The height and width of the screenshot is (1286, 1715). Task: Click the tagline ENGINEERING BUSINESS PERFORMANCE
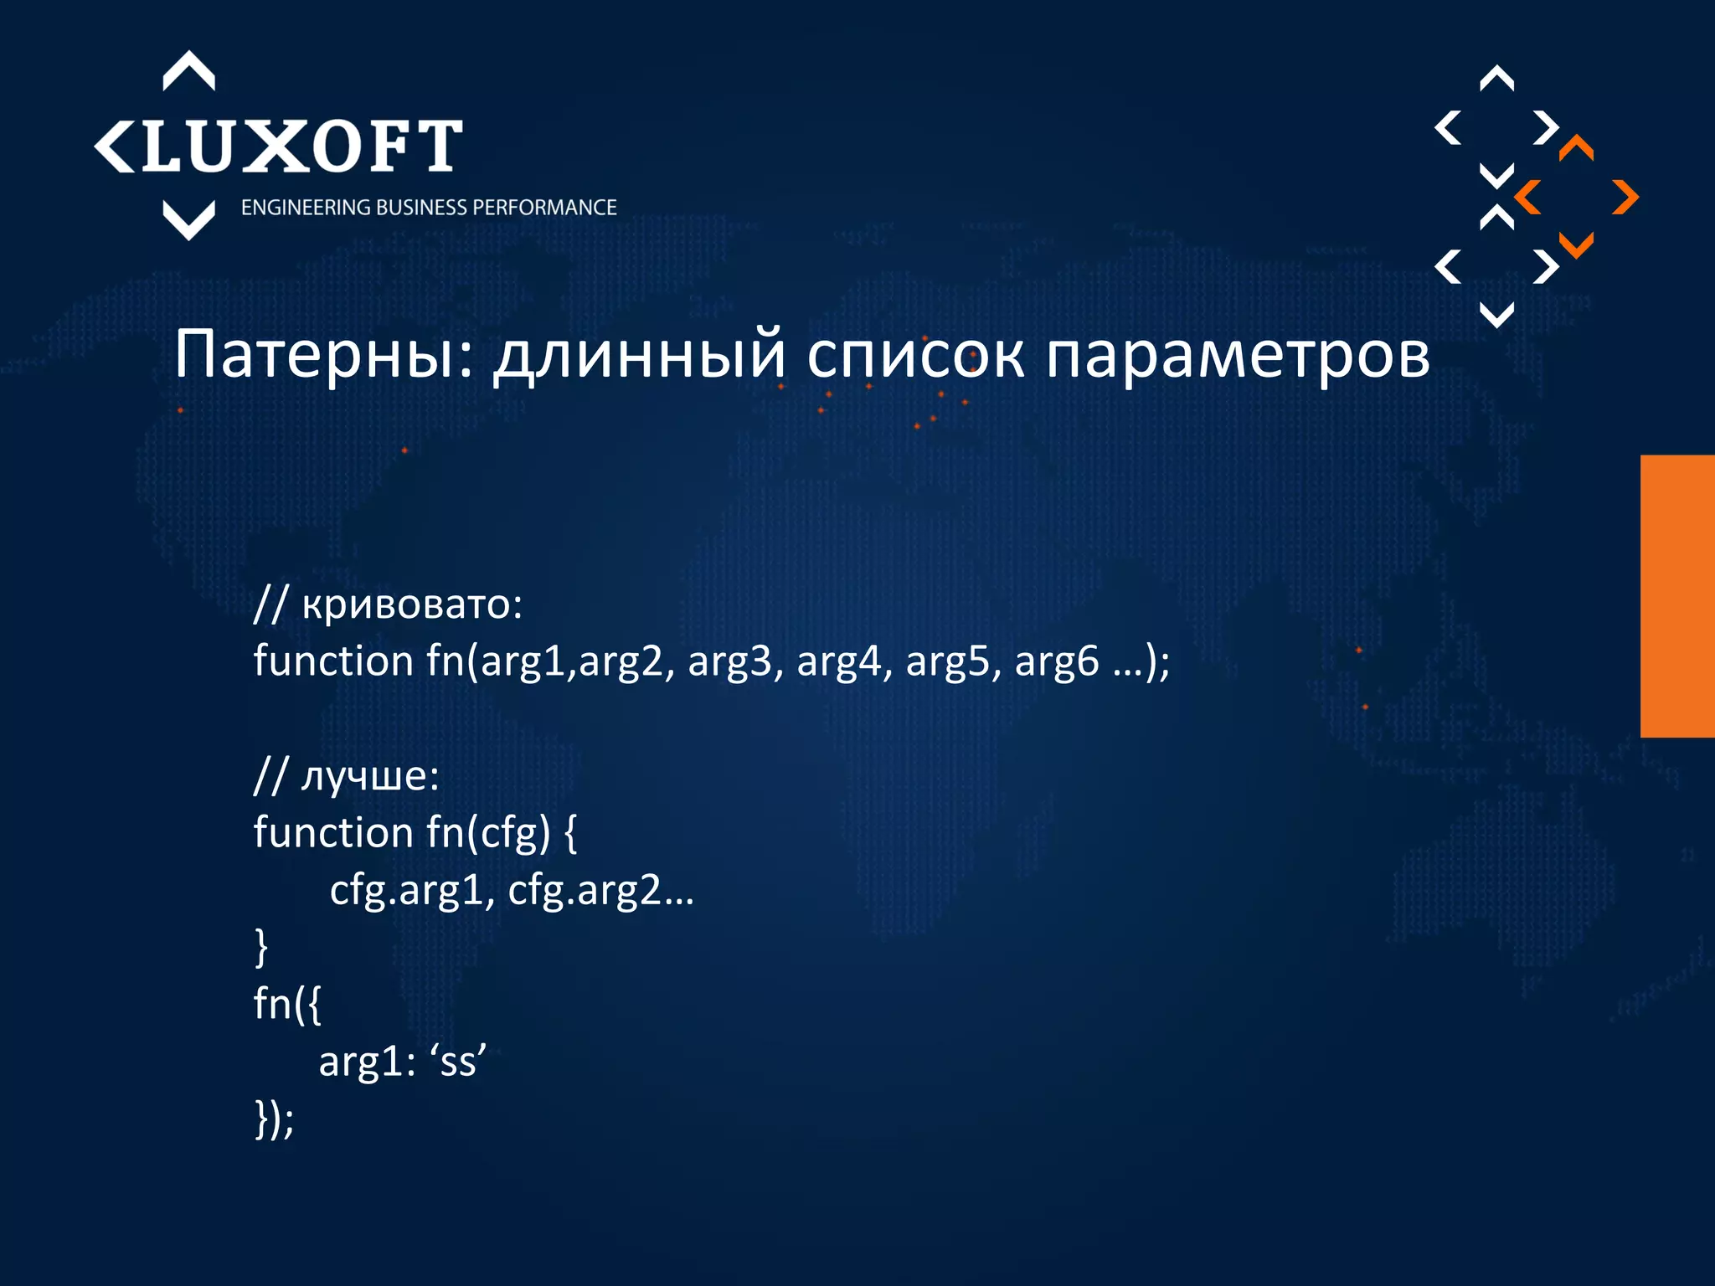(428, 208)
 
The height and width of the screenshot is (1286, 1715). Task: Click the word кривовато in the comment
(411, 604)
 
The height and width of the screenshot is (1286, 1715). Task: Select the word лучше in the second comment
(368, 776)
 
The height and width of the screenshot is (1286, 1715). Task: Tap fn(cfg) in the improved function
(488, 833)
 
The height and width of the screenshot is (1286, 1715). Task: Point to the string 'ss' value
(457, 1062)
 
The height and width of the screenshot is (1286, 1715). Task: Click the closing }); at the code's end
(274, 1119)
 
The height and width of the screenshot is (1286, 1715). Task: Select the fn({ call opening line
(287, 1004)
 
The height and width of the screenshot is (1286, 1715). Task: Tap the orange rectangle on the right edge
(1677, 596)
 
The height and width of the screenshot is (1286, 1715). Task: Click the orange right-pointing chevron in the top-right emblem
(1625, 198)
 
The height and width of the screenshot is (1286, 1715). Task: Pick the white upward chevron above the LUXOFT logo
(188, 71)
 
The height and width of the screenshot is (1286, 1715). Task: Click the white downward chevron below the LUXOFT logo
(188, 220)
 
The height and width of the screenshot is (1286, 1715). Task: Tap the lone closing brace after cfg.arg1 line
(260, 947)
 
